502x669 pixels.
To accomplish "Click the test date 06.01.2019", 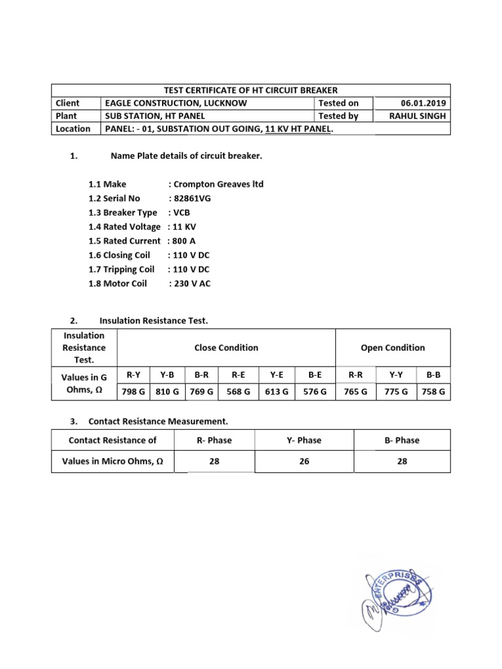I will tap(426, 103).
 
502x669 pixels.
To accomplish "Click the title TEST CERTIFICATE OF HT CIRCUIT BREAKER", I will tap(250, 90).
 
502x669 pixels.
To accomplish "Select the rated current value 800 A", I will tap(184, 240).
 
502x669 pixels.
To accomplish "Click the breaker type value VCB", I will tap(182, 212).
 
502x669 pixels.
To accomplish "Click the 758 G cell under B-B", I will tap(433, 391).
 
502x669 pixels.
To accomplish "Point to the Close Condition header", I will tap(226, 348).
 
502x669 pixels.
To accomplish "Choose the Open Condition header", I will tap(393, 348).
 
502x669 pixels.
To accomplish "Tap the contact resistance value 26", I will tap(305, 461).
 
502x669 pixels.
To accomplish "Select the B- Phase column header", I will tap(402, 440).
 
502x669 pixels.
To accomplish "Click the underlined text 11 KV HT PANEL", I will tap(298, 129).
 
